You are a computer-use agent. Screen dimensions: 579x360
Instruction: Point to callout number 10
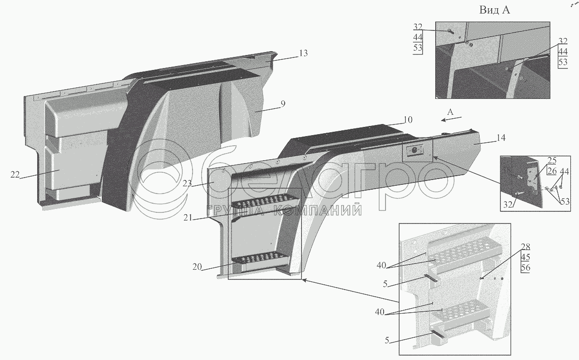pos(408,120)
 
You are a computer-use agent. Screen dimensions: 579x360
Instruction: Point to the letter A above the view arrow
pos(450,111)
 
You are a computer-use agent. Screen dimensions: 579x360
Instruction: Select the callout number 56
pos(525,268)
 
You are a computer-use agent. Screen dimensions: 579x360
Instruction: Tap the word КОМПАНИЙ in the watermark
pos(318,210)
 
